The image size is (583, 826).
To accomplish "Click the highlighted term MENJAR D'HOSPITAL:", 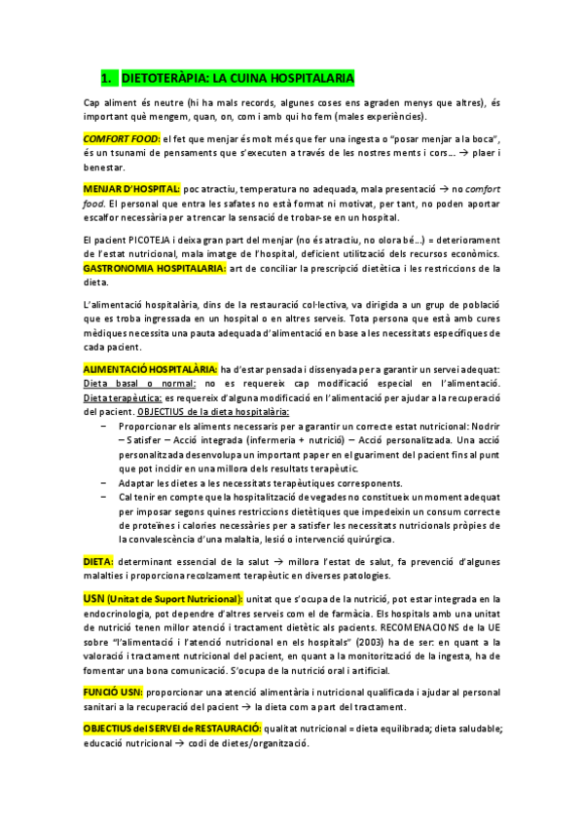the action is (131, 188).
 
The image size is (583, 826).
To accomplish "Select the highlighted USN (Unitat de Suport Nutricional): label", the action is (163, 598).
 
